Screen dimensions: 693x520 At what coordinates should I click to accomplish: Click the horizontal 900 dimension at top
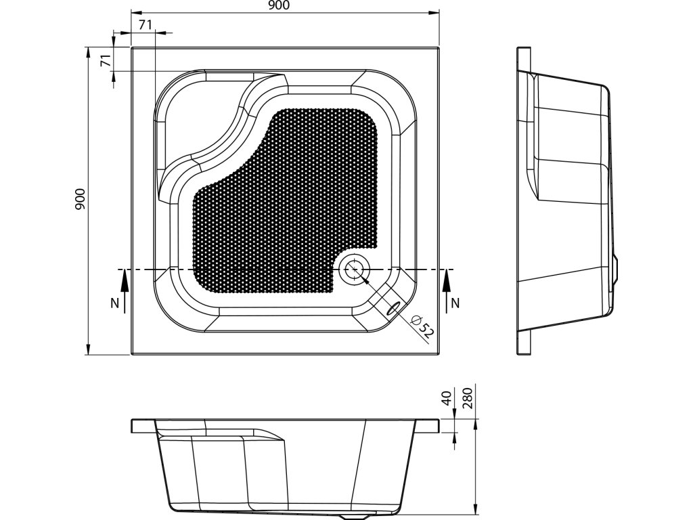(280, 6)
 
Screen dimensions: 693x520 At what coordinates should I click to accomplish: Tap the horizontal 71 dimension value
(144, 25)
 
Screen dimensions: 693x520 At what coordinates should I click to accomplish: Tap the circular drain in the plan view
(354, 270)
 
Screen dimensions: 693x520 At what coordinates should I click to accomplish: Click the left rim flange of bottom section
(143, 425)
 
